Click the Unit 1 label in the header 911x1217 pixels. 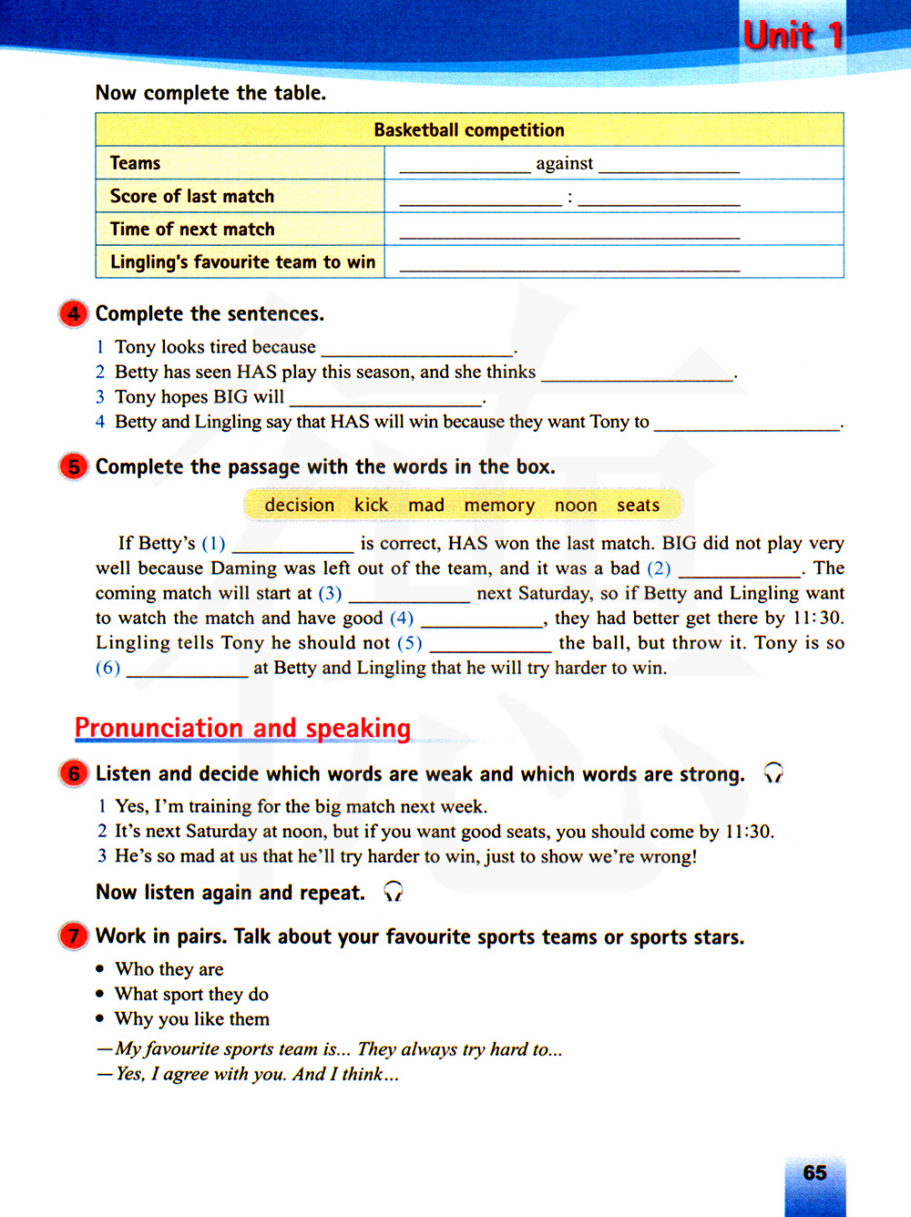pyautogui.click(x=793, y=36)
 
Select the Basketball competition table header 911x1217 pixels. pyautogui.click(x=469, y=130)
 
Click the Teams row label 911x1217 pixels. pyautogui.click(x=135, y=163)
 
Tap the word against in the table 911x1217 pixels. pyautogui.click(x=564, y=164)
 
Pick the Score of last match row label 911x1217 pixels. pyautogui.click(x=192, y=196)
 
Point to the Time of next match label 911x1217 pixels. pyautogui.click(x=192, y=229)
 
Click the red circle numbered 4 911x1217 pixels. pyautogui.click(x=74, y=313)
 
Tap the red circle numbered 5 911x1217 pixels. pyautogui.click(x=74, y=466)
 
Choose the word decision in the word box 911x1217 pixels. pyautogui.click(x=299, y=505)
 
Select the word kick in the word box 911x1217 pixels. pyautogui.click(x=371, y=505)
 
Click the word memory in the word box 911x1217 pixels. pyautogui.click(x=499, y=506)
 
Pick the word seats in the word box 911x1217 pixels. pyautogui.click(x=638, y=505)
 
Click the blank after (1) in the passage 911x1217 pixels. pyautogui.click(x=292, y=545)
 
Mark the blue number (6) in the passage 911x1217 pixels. pyautogui.click(x=107, y=668)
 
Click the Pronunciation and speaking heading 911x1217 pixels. pyautogui.click(x=242, y=728)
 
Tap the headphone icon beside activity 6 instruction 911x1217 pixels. pyautogui.click(x=773, y=773)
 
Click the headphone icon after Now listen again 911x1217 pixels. pyautogui.click(x=393, y=892)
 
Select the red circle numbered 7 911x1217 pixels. pyautogui.click(x=74, y=936)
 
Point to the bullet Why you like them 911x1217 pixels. pyautogui.click(x=191, y=1018)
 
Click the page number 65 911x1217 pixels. pyautogui.click(x=814, y=1172)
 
